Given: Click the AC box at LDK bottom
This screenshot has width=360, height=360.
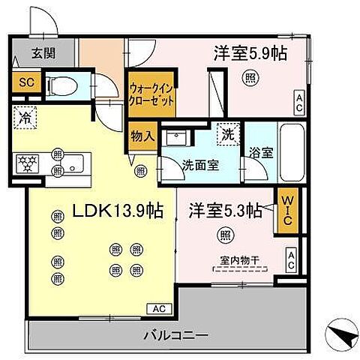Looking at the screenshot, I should pyautogui.click(x=160, y=308).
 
